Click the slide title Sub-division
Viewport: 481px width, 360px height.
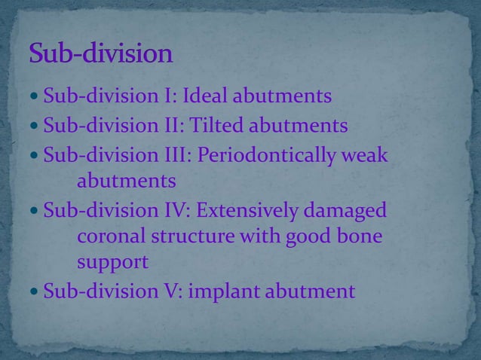click(101, 56)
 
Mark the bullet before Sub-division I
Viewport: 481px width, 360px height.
click(35, 97)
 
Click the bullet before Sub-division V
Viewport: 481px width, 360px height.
click(35, 290)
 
